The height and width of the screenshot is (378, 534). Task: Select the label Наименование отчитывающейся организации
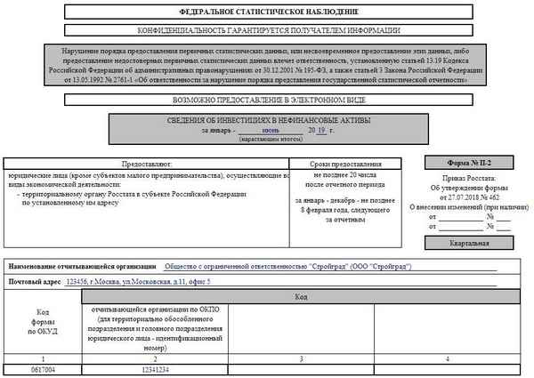pos(80,266)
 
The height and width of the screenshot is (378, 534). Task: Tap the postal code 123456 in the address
pos(77,281)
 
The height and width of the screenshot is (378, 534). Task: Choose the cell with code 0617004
pos(42,369)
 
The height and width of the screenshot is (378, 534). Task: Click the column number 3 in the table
pos(303,358)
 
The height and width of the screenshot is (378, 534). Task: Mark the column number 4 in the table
pos(448,358)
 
